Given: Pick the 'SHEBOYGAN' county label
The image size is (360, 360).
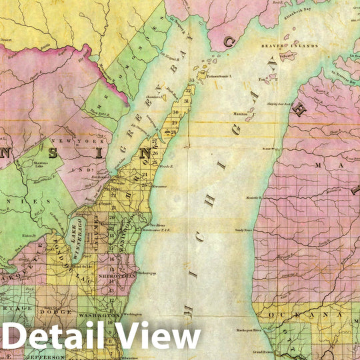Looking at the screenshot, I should point(117,274).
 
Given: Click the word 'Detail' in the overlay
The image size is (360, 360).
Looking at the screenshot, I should point(63,337).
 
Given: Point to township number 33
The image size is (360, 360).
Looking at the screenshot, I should point(191,81).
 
